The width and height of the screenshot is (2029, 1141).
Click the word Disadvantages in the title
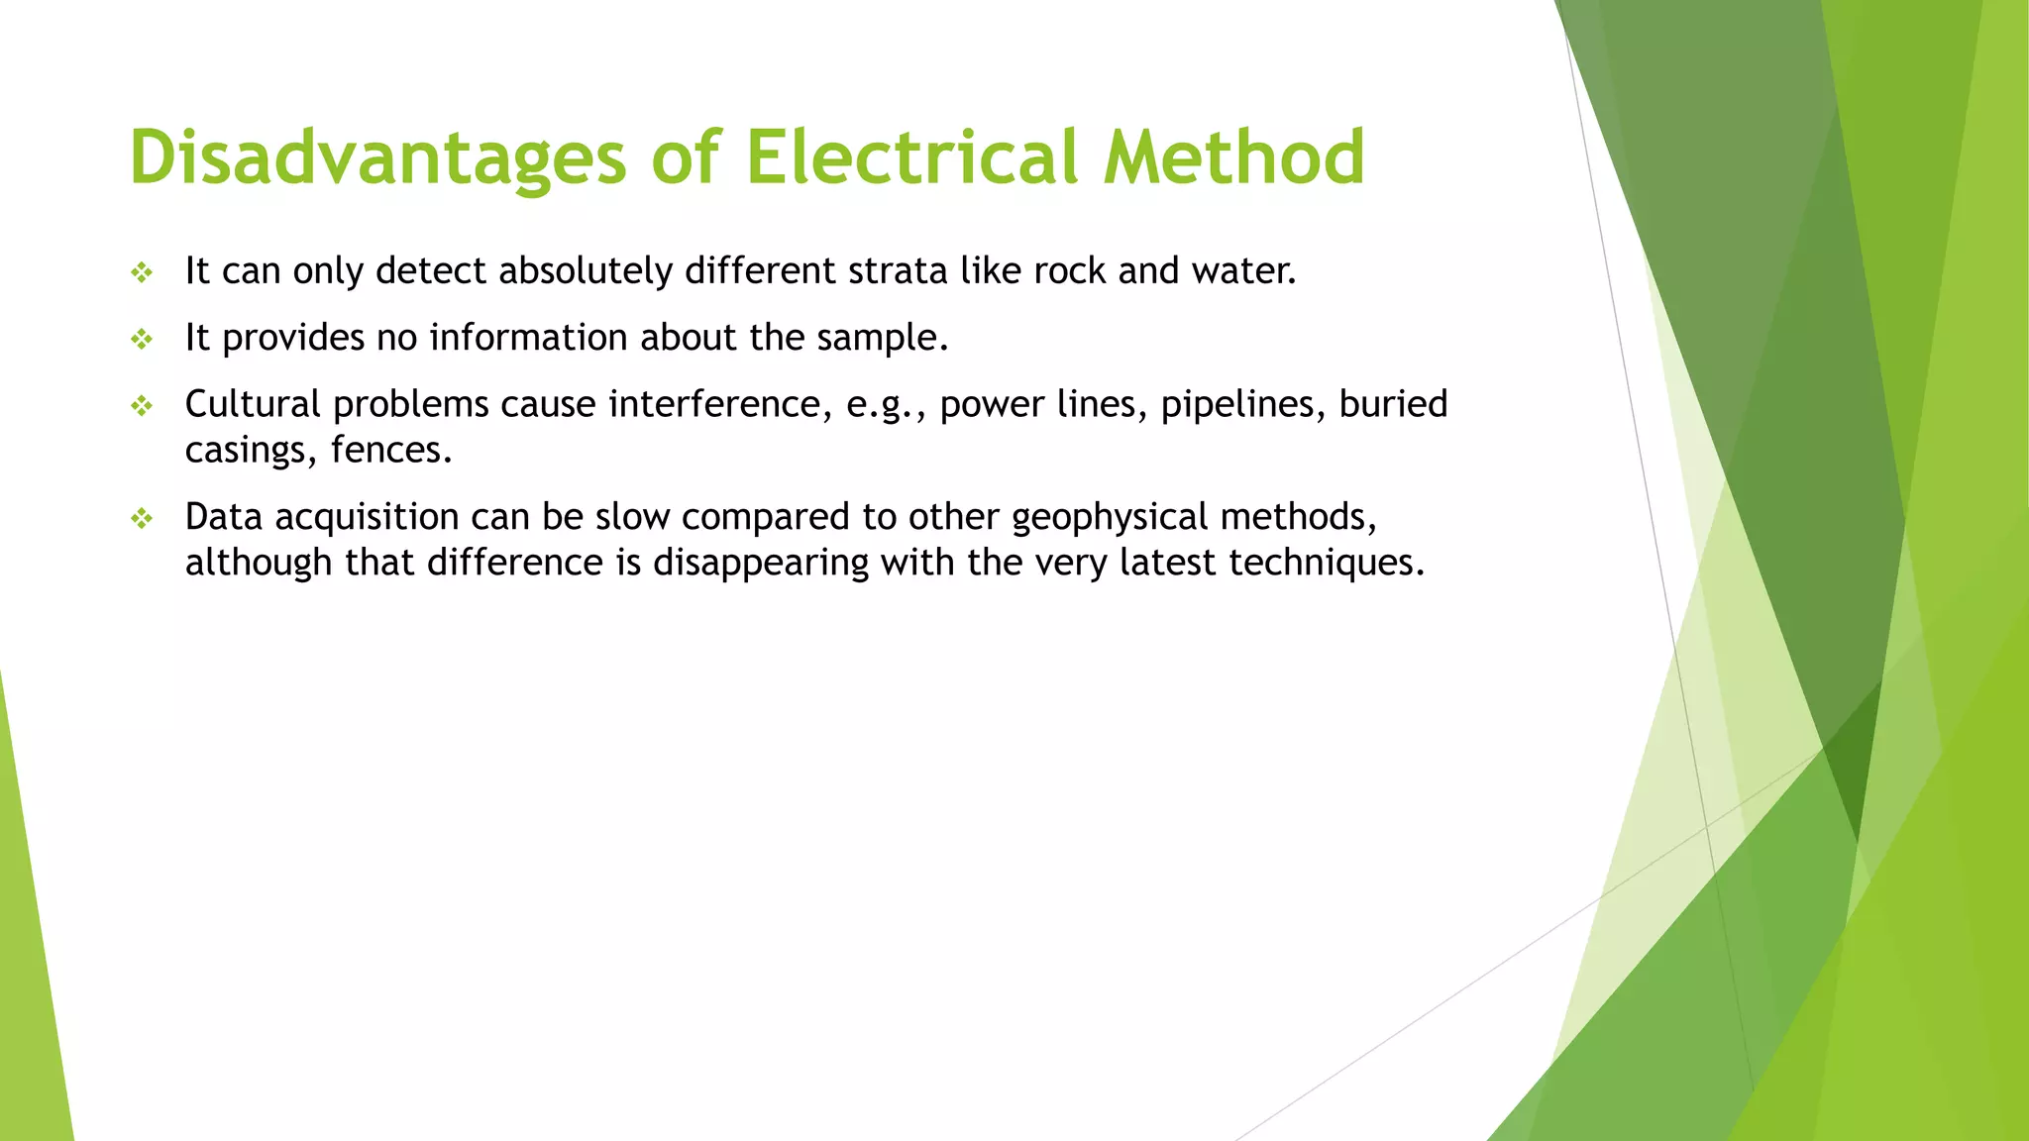point(377,157)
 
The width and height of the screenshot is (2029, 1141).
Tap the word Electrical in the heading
point(911,157)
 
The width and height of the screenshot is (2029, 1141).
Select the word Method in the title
point(1234,157)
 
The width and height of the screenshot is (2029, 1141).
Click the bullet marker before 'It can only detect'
point(142,272)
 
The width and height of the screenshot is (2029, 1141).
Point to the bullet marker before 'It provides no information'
point(142,340)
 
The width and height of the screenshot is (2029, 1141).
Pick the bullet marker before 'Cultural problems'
point(142,405)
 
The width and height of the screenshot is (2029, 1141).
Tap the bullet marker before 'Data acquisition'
point(142,518)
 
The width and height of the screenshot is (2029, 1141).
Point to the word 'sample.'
point(883,338)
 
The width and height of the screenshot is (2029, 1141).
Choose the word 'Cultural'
point(253,404)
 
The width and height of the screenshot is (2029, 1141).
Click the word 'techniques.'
point(1327,563)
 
